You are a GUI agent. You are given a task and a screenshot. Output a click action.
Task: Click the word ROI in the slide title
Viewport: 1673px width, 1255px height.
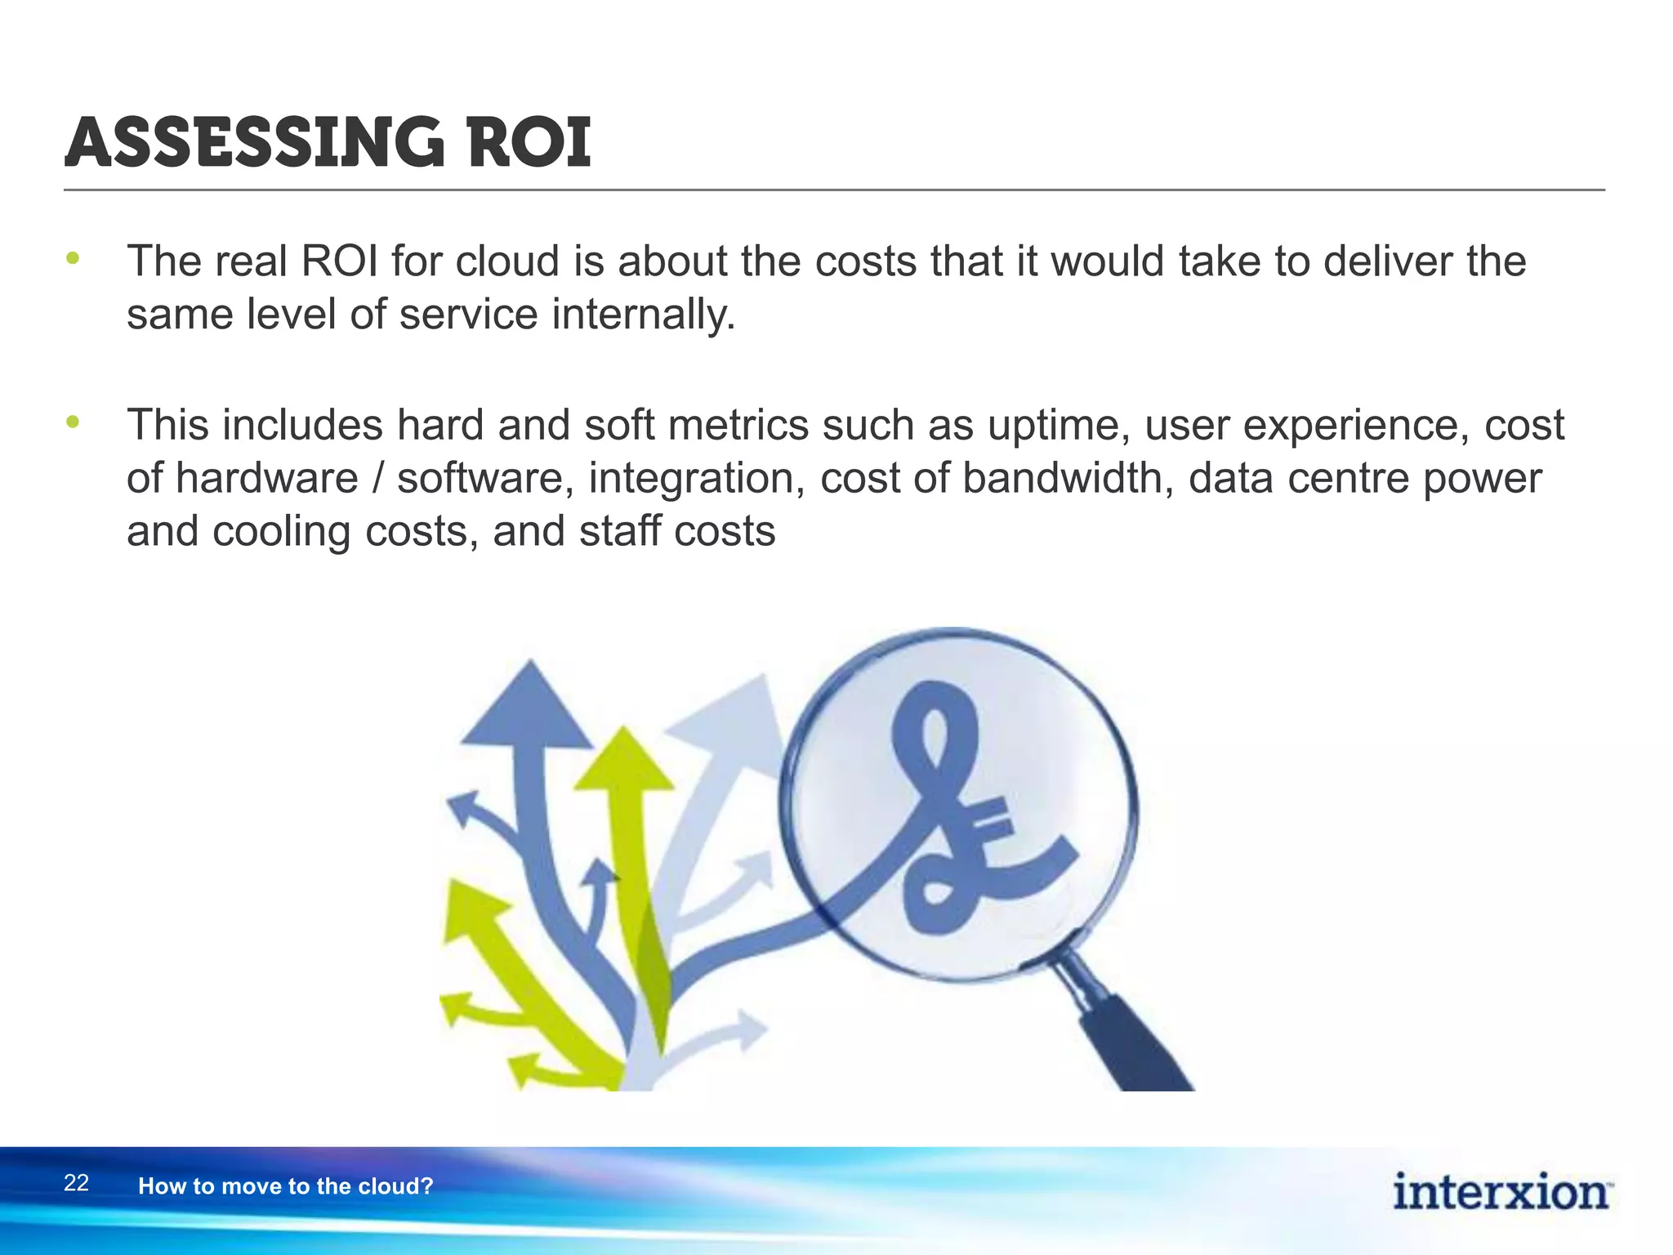point(529,143)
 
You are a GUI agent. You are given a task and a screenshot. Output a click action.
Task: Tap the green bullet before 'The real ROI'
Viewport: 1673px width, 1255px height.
point(74,259)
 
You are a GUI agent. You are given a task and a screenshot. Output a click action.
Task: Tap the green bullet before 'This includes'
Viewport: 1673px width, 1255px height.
point(74,422)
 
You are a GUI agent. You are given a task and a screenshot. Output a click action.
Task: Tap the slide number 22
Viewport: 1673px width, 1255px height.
point(76,1183)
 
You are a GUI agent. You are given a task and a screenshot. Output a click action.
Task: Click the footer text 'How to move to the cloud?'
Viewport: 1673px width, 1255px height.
point(285,1186)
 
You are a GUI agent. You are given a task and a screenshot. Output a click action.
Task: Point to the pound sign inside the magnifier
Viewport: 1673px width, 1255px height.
point(964,817)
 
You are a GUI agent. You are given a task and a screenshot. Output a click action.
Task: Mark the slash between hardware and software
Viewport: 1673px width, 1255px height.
point(377,478)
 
